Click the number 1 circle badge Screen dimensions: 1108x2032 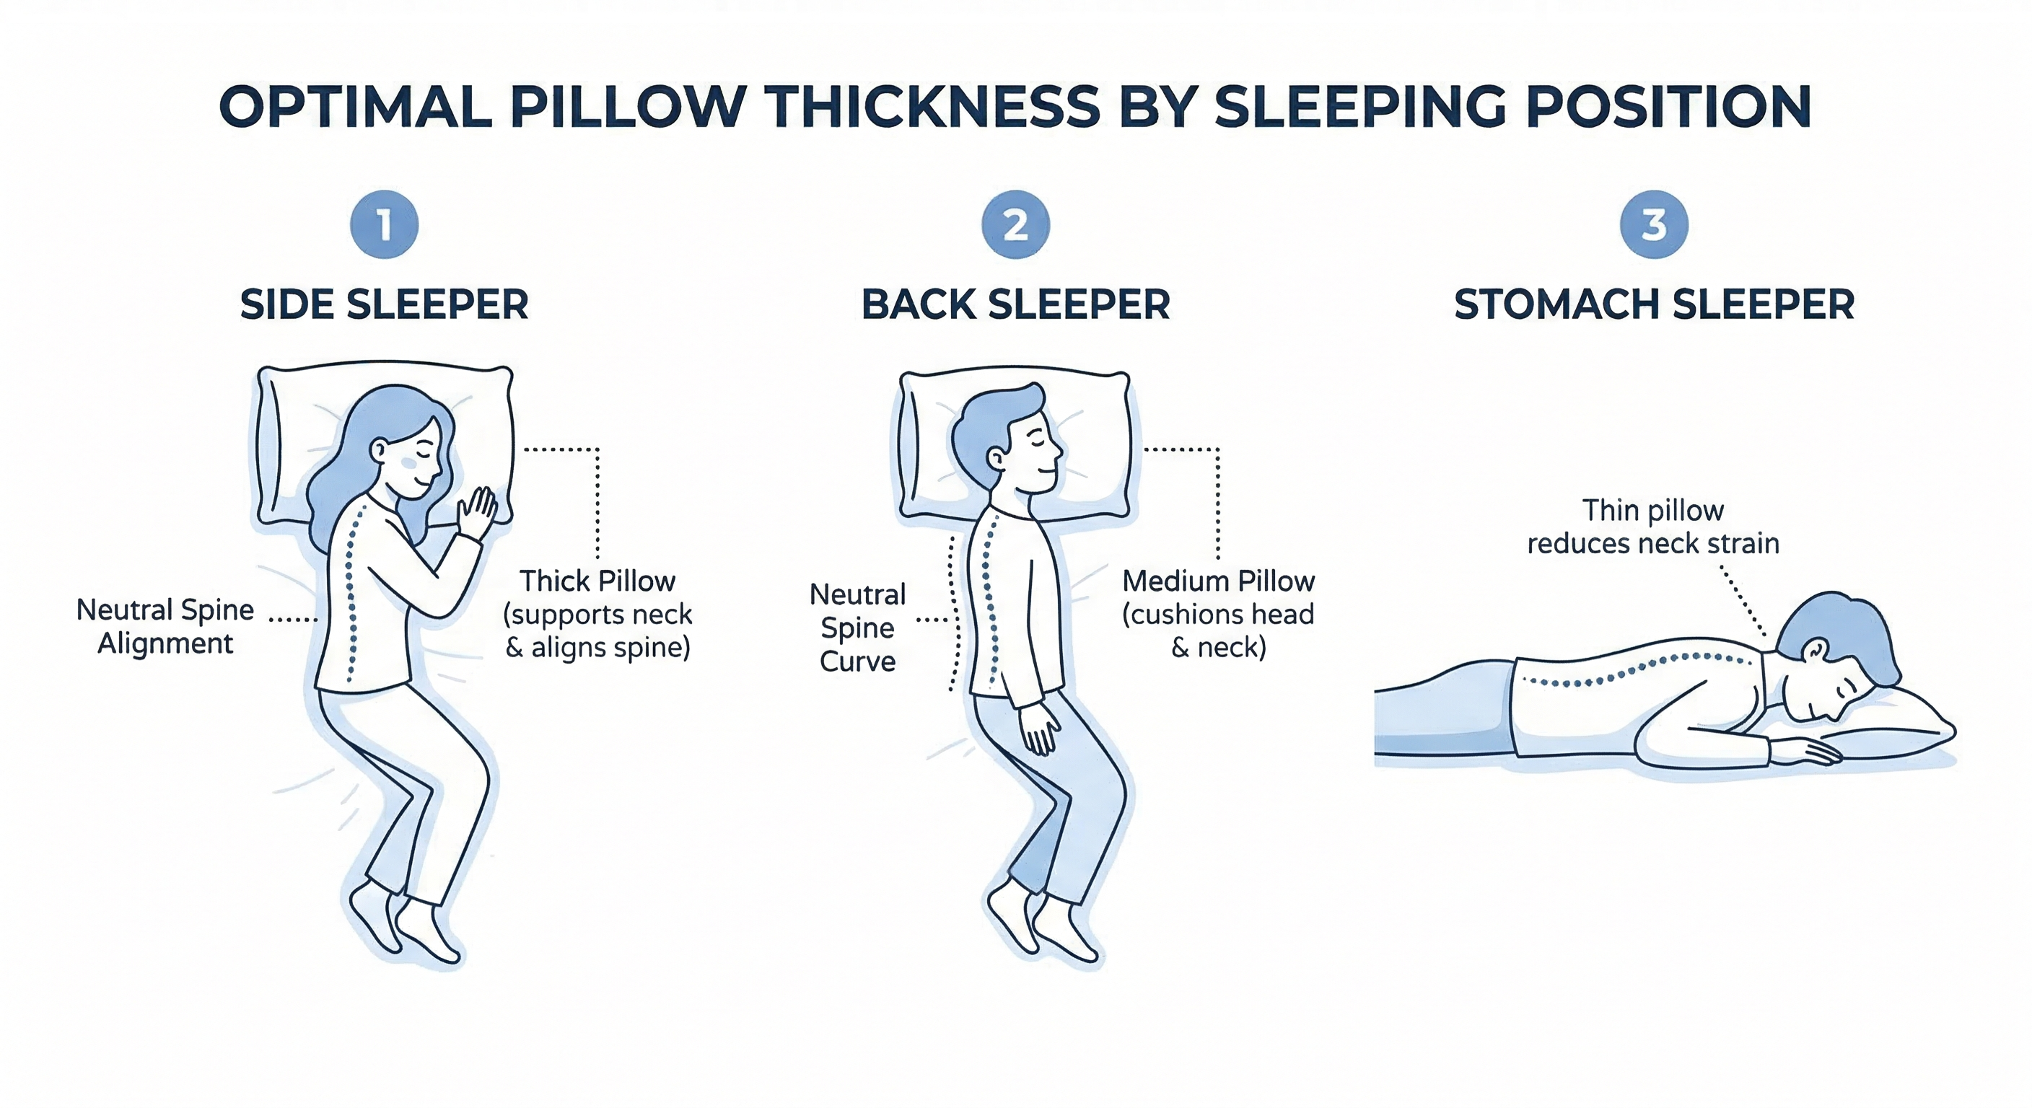pyautogui.click(x=384, y=225)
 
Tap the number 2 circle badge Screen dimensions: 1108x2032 pyautogui.click(x=1015, y=225)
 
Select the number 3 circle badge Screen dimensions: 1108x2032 pyautogui.click(x=1653, y=225)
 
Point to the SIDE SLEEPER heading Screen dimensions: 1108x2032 pyautogui.click(x=384, y=304)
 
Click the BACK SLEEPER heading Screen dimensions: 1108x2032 pyautogui.click(x=1015, y=304)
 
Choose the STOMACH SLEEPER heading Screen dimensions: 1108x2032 pyautogui.click(x=1654, y=304)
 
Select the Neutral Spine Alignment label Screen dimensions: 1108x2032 pyautogui.click(x=165, y=626)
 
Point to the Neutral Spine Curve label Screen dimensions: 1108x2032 pyautogui.click(x=857, y=628)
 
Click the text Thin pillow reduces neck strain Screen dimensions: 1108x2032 pyautogui.click(x=1653, y=527)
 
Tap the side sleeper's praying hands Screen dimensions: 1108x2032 pyautogui.click(x=478, y=513)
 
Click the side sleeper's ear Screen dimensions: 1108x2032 pyautogui.click(x=379, y=450)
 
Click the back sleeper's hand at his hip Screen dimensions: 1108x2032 pyautogui.click(x=1040, y=729)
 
